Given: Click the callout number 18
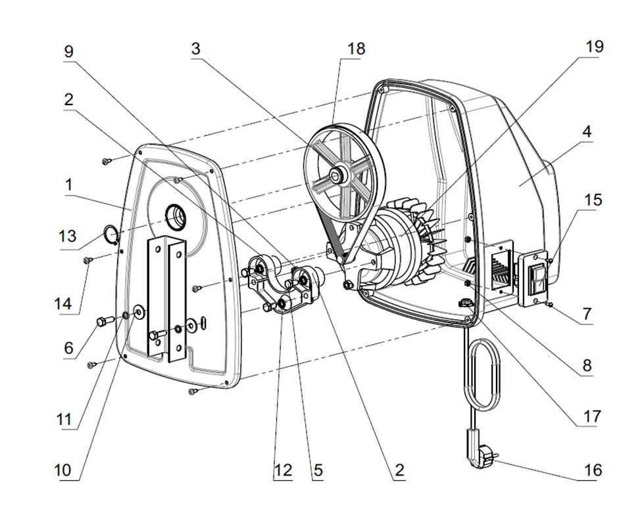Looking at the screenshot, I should (x=357, y=49).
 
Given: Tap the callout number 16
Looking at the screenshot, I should (x=593, y=470).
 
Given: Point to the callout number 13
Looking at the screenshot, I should (x=68, y=235).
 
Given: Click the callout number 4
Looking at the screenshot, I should (x=586, y=131).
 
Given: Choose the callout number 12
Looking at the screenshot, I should (x=282, y=470).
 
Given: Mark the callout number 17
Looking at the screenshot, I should (x=592, y=416).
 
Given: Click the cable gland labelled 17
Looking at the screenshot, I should (x=465, y=303).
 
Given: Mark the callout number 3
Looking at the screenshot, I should (x=195, y=49).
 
